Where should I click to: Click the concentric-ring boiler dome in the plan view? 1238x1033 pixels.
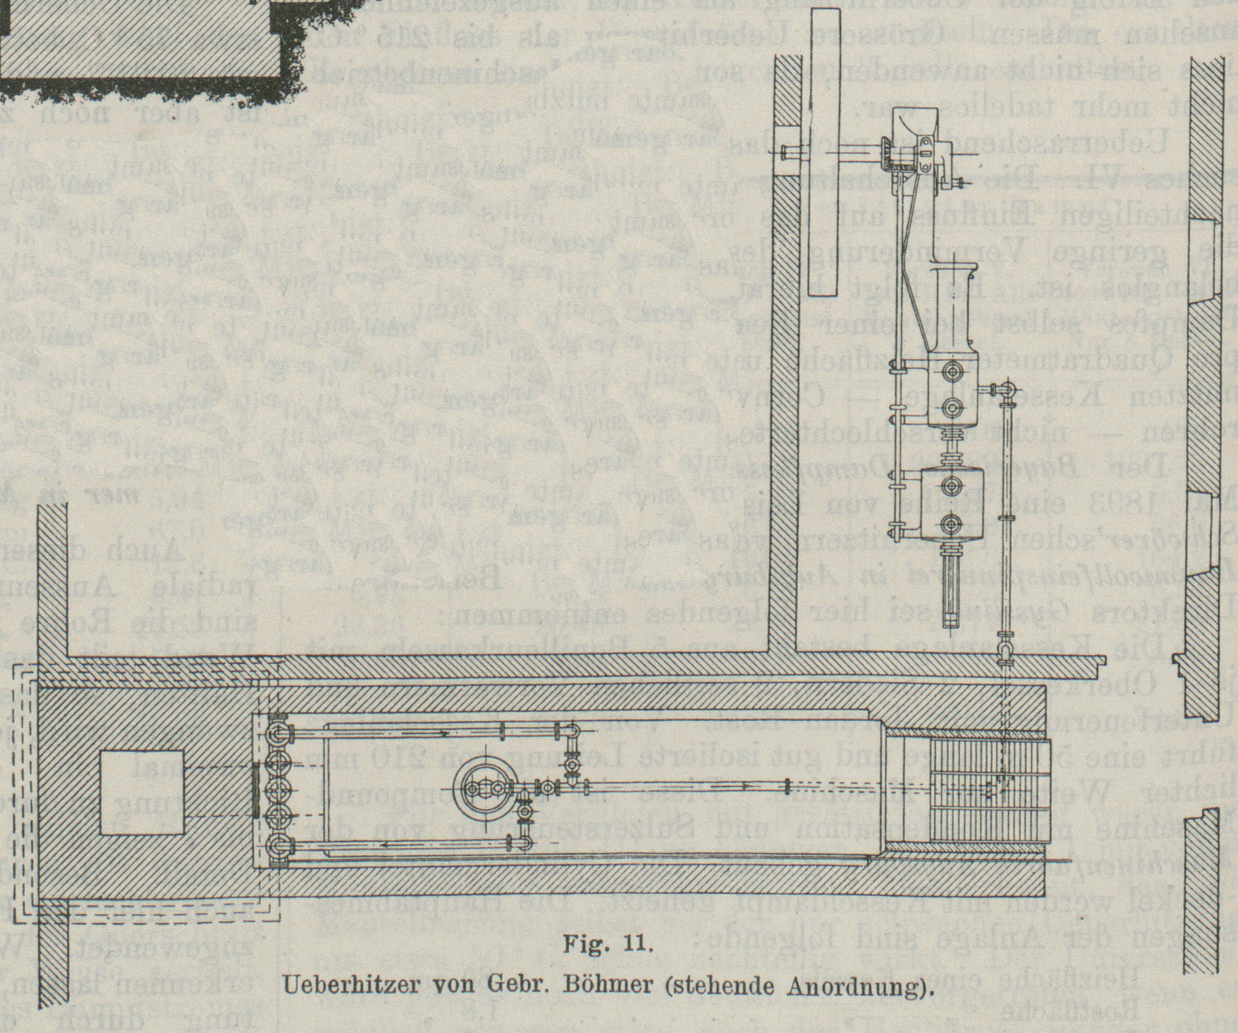485,788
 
